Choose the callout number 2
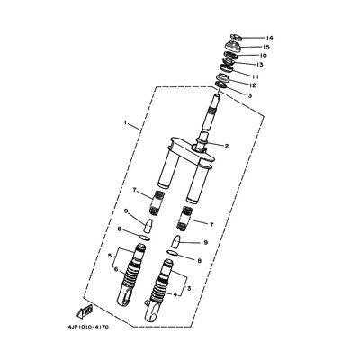[x=227, y=146]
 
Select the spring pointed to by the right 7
[x=191, y=220]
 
